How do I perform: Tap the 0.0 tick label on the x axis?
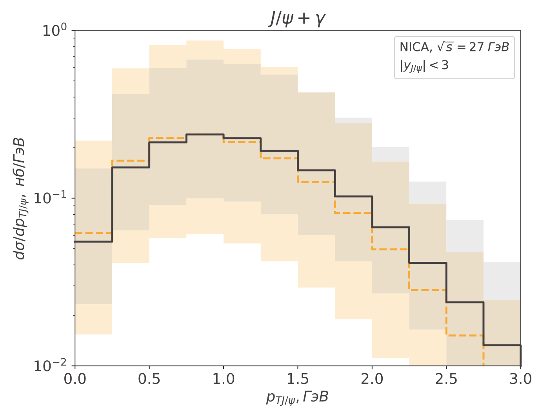coord(75,379)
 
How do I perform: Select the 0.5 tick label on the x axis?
coord(149,379)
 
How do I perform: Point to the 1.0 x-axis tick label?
coord(224,379)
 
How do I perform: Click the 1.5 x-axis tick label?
coord(298,379)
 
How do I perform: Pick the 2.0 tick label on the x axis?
coord(372,379)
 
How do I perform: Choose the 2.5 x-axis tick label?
coord(446,379)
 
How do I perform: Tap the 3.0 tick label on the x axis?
coord(520,379)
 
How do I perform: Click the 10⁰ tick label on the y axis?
coord(55,30)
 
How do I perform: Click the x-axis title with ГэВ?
coord(297,398)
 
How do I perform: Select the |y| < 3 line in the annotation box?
coord(424,66)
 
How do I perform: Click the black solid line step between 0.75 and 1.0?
coord(205,135)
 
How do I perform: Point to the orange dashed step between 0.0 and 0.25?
coord(93,233)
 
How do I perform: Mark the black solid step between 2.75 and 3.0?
coord(502,345)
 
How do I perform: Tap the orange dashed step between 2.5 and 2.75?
coord(465,336)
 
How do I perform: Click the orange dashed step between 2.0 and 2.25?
coord(391,249)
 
